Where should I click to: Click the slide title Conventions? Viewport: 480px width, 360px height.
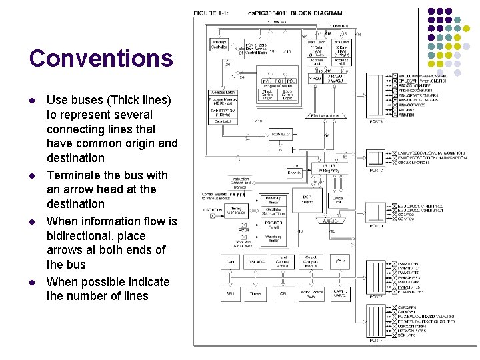coord(101,59)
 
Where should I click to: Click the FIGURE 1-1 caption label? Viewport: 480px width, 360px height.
coord(212,13)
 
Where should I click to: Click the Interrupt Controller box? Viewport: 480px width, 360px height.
coord(219,45)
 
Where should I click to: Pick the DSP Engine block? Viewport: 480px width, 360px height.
coord(307,199)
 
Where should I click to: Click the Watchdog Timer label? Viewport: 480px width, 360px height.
coord(273,238)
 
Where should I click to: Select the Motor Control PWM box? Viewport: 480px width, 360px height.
coord(307,294)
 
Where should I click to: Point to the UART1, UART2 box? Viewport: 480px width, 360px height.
coord(340,293)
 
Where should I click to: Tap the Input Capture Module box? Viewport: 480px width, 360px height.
coord(282,261)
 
